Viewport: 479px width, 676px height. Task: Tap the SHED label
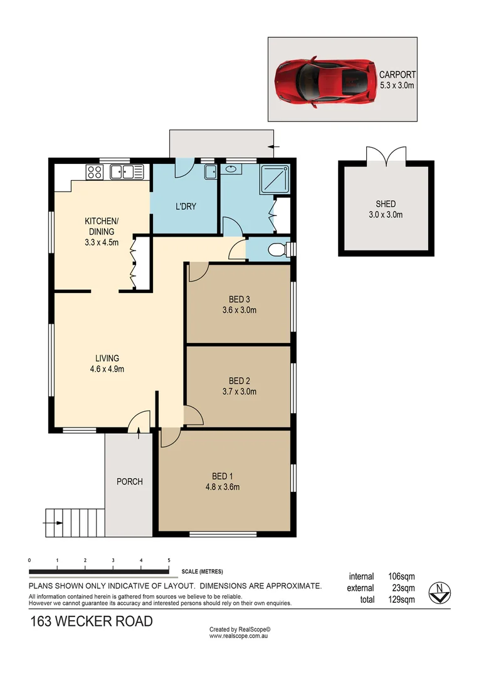(x=386, y=204)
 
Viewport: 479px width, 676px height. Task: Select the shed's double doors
(x=386, y=155)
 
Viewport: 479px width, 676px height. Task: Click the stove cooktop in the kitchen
(x=95, y=172)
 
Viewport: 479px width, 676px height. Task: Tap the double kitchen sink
(x=127, y=172)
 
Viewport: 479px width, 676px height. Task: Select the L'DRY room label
(x=186, y=206)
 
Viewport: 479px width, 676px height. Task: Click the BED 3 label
(x=239, y=299)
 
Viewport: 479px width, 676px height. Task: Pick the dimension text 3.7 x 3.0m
(x=239, y=392)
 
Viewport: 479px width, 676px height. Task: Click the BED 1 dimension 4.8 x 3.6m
(x=222, y=487)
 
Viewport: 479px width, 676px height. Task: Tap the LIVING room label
(x=107, y=358)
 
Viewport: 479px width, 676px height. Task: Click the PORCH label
(x=130, y=482)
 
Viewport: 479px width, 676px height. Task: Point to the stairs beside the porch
(x=74, y=521)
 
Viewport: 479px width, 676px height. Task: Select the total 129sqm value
(x=401, y=600)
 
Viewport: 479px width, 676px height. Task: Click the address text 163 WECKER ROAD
(x=92, y=622)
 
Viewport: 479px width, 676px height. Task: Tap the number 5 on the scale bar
(x=169, y=560)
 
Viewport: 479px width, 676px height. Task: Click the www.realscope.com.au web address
(x=239, y=636)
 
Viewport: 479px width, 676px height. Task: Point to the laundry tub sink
(x=211, y=172)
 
